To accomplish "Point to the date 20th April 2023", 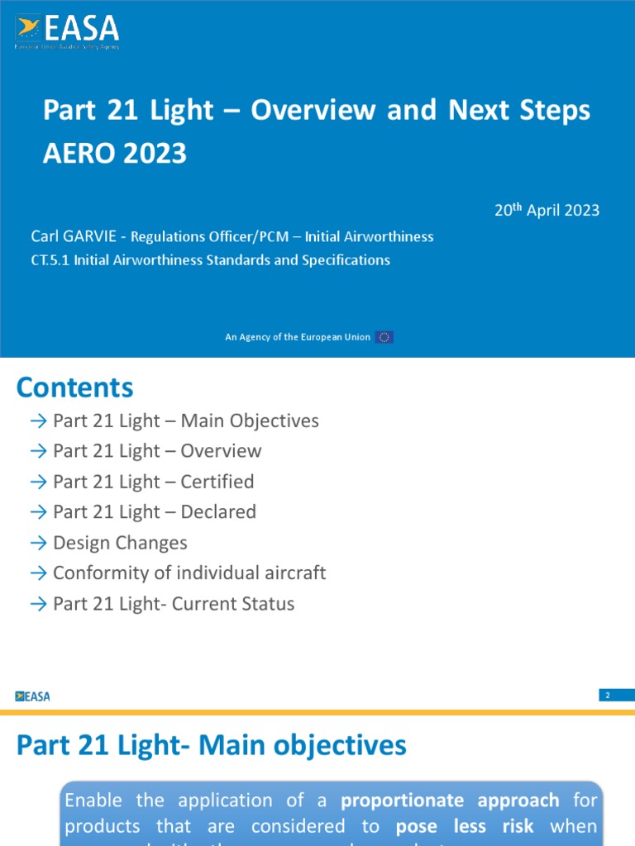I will (x=547, y=210).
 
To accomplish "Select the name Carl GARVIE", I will (x=79, y=237).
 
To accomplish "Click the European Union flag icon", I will (x=384, y=337).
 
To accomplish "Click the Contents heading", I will (x=74, y=387).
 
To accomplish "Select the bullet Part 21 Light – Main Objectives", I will (x=185, y=421).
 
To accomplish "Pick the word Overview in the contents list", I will (x=221, y=451).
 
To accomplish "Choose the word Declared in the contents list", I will (x=218, y=512).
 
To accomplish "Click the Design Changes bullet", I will (x=120, y=543).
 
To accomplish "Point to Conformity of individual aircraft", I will (x=189, y=573).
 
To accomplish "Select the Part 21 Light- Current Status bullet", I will (x=174, y=604).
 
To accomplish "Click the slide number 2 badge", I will (x=608, y=696).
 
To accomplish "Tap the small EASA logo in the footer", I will (x=33, y=696).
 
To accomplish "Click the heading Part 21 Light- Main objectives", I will (x=212, y=746).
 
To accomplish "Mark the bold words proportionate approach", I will (x=450, y=801).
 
